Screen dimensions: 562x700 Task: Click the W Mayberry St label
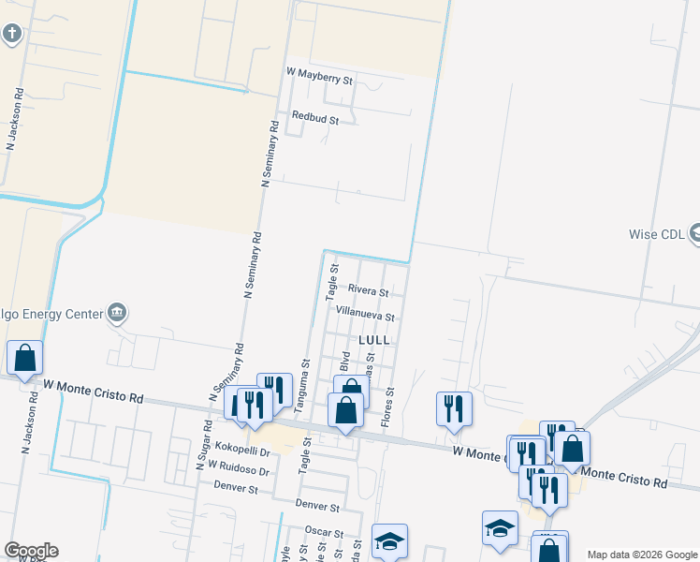tap(319, 76)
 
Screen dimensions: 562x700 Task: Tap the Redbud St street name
tap(314, 118)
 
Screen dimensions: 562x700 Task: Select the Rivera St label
tap(368, 292)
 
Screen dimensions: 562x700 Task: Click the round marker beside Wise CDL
tap(694, 232)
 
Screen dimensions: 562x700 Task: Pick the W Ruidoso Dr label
tap(239, 466)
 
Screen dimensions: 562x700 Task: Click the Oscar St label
tap(324, 530)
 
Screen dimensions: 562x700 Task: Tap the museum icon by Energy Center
tap(116, 311)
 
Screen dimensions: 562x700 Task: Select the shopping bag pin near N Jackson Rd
tap(24, 357)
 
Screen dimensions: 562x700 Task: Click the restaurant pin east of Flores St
tap(454, 408)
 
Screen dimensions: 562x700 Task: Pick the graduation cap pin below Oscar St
tap(389, 540)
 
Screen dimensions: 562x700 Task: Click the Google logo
tap(31, 551)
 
